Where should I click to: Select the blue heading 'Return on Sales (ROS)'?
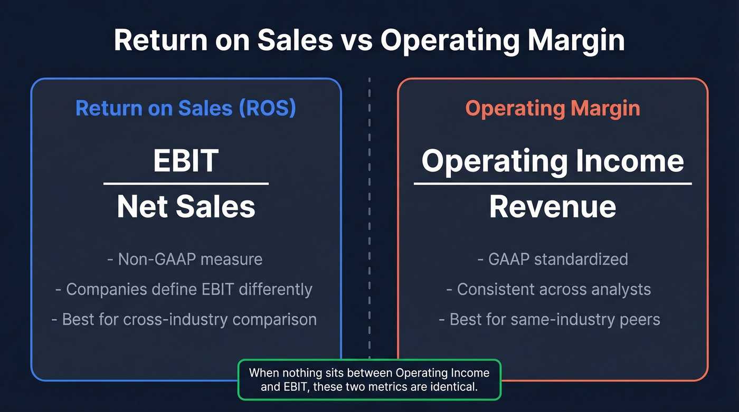pyautogui.click(x=186, y=108)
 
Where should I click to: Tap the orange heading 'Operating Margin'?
pyautogui.click(x=553, y=108)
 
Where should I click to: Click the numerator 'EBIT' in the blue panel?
pyautogui.click(x=186, y=160)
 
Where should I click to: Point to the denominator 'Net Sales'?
pyautogui.click(x=186, y=206)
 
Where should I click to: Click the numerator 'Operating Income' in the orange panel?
pyautogui.click(x=553, y=160)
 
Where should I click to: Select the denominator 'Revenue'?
pyautogui.click(x=553, y=206)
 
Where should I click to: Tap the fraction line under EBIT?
pyautogui.click(x=186, y=184)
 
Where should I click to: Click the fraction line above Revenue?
pyautogui.click(x=553, y=184)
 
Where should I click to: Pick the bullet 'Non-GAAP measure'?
pyautogui.click(x=186, y=259)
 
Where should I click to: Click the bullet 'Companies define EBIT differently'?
pyautogui.click(x=184, y=289)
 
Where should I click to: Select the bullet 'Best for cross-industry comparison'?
pyautogui.click(x=184, y=319)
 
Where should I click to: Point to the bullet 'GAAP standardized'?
pyautogui.click(x=553, y=259)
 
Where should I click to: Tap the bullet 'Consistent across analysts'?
pyautogui.click(x=549, y=289)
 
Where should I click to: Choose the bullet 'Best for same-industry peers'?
pyautogui.click(x=549, y=319)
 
